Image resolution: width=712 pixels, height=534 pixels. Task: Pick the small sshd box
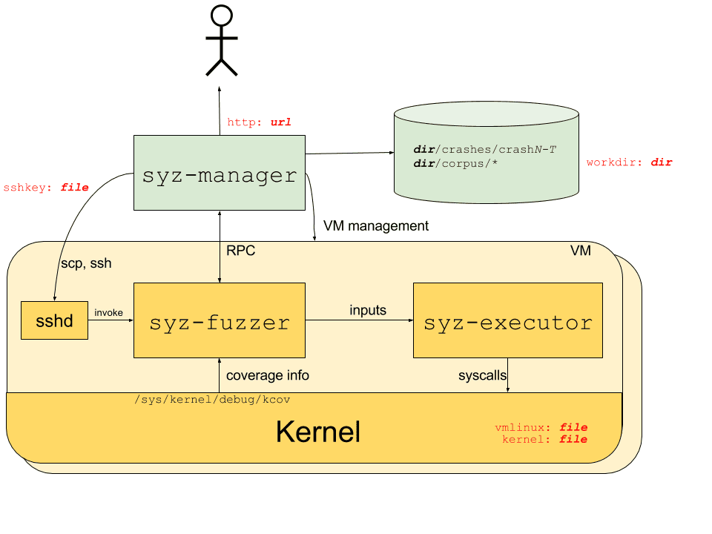(54, 320)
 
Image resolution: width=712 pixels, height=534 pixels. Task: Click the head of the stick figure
(221, 16)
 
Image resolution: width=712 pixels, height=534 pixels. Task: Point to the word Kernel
(317, 432)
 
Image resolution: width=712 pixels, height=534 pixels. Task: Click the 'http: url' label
(259, 122)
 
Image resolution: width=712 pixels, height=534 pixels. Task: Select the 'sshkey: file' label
(46, 188)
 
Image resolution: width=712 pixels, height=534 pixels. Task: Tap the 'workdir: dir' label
(629, 162)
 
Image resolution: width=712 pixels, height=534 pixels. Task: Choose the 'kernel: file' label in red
(544, 440)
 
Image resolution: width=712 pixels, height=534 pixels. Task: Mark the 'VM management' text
(376, 225)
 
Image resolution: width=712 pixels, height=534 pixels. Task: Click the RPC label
(240, 251)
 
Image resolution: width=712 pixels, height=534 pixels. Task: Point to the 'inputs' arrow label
(368, 310)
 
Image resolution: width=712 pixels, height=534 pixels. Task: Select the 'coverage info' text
(267, 375)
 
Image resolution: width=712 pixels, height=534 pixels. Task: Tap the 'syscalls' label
(482, 376)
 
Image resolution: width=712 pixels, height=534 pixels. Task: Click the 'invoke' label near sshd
(109, 314)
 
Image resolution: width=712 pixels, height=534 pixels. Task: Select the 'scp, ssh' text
(85, 263)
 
